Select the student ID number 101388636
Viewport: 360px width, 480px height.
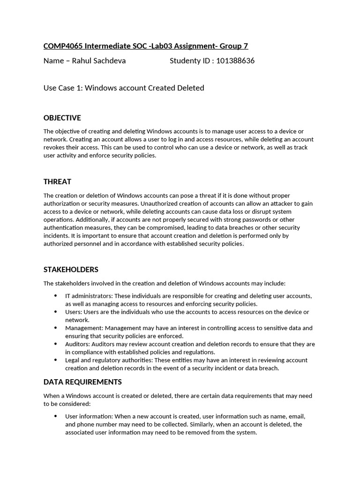(x=235, y=60)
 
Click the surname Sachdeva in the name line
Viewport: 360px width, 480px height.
(x=109, y=60)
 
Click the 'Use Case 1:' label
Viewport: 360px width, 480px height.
(x=63, y=88)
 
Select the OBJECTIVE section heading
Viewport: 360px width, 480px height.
(x=62, y=118)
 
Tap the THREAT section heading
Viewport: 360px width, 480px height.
(x=57, y=181)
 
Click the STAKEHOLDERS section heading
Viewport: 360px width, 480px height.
(x=71, y=270)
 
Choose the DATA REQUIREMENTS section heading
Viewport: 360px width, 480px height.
(x=82, y=382)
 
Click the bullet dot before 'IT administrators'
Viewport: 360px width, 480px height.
(x=55, y=296)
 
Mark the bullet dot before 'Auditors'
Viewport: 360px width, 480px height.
(x=55, y=344)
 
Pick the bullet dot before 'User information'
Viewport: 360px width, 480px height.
(x=55, y=416)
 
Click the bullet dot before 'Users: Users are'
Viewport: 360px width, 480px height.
(x=55, y=312)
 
